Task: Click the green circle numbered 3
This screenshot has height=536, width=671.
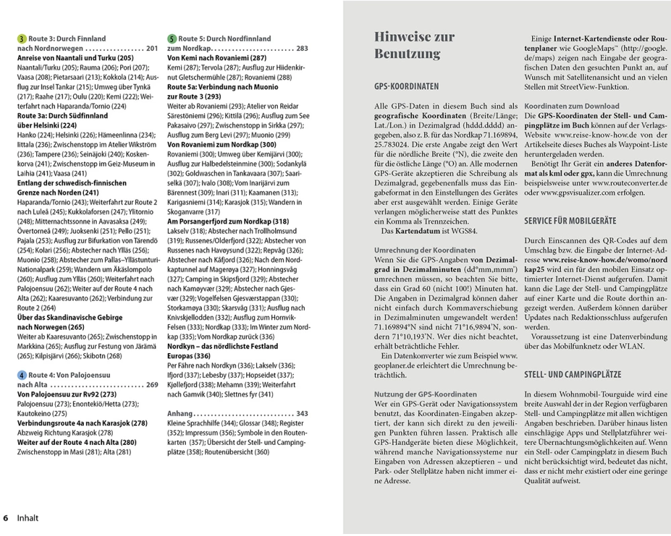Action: (x=22, y=39)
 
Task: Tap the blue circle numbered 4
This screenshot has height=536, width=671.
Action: (x=22, y=375)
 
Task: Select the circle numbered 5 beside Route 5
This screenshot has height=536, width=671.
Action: (x=172, y=39)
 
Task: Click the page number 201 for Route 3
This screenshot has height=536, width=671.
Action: (x=152, y=49)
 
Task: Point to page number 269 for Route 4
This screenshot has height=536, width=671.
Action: (x=152, y=385)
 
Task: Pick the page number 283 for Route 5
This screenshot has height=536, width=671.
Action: (x=302, y=49)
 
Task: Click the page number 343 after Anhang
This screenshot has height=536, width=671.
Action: (x=302, y=413)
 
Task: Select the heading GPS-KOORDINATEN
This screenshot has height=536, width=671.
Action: (x=407, y=87)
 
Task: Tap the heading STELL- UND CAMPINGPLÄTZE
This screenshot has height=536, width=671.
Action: (x=563, y=375)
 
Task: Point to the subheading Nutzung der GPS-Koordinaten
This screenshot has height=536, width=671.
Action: (x=425, y=395)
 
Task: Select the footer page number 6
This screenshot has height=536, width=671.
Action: (x=6, y=518)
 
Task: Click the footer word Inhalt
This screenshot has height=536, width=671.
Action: (x=28, y=518)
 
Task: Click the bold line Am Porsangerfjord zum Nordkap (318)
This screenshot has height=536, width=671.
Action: (x=227, y=221)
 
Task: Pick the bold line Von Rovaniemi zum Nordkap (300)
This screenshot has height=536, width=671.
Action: (x=221, y=144)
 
